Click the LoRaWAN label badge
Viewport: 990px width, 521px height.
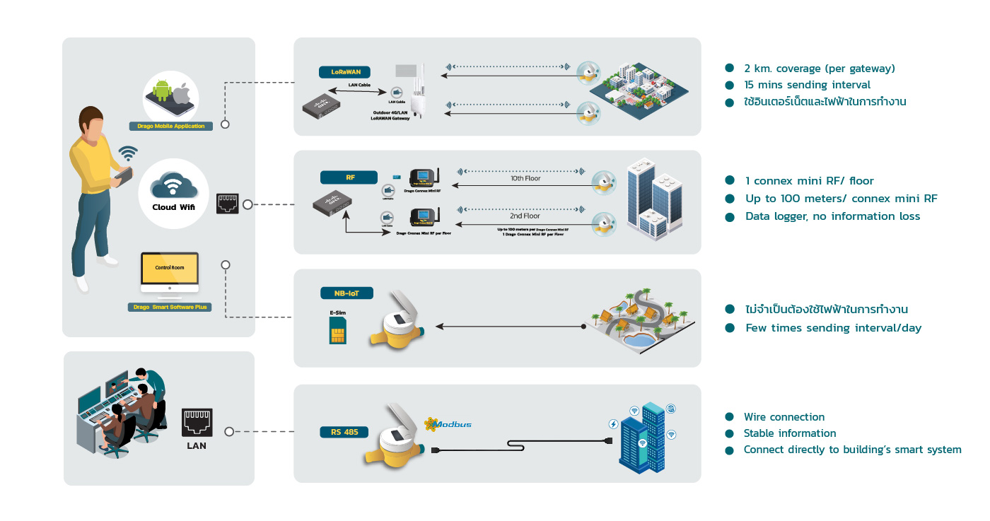[345, 71]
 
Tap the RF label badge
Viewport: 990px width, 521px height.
[349, 177]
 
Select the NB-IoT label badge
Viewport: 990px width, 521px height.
[346, 293]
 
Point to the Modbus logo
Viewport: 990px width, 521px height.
[447, 424]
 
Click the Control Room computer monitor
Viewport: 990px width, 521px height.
[170, 273]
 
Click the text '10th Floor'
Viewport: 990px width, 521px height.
[525, 179]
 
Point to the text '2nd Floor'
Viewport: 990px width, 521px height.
[525, 216]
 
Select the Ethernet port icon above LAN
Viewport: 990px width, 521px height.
[197, 423]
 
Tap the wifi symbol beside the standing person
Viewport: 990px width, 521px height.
[128, 153]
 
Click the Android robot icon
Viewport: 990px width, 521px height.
[162, 90]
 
